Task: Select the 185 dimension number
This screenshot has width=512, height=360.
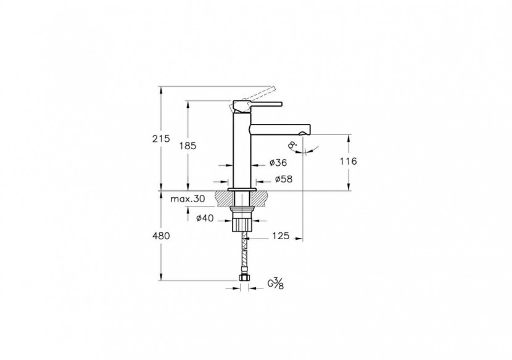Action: click(x=188, y=145)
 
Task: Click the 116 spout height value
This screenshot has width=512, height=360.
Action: click(x=348, y=161)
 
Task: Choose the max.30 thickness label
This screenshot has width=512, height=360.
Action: click(x=188, y=199)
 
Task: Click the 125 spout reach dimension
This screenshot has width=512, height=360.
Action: click(x=280, y=235)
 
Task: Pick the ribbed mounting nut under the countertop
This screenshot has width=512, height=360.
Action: click(x=244, y=222)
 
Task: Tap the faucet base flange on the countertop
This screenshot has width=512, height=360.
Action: click(x=242, y=189)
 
